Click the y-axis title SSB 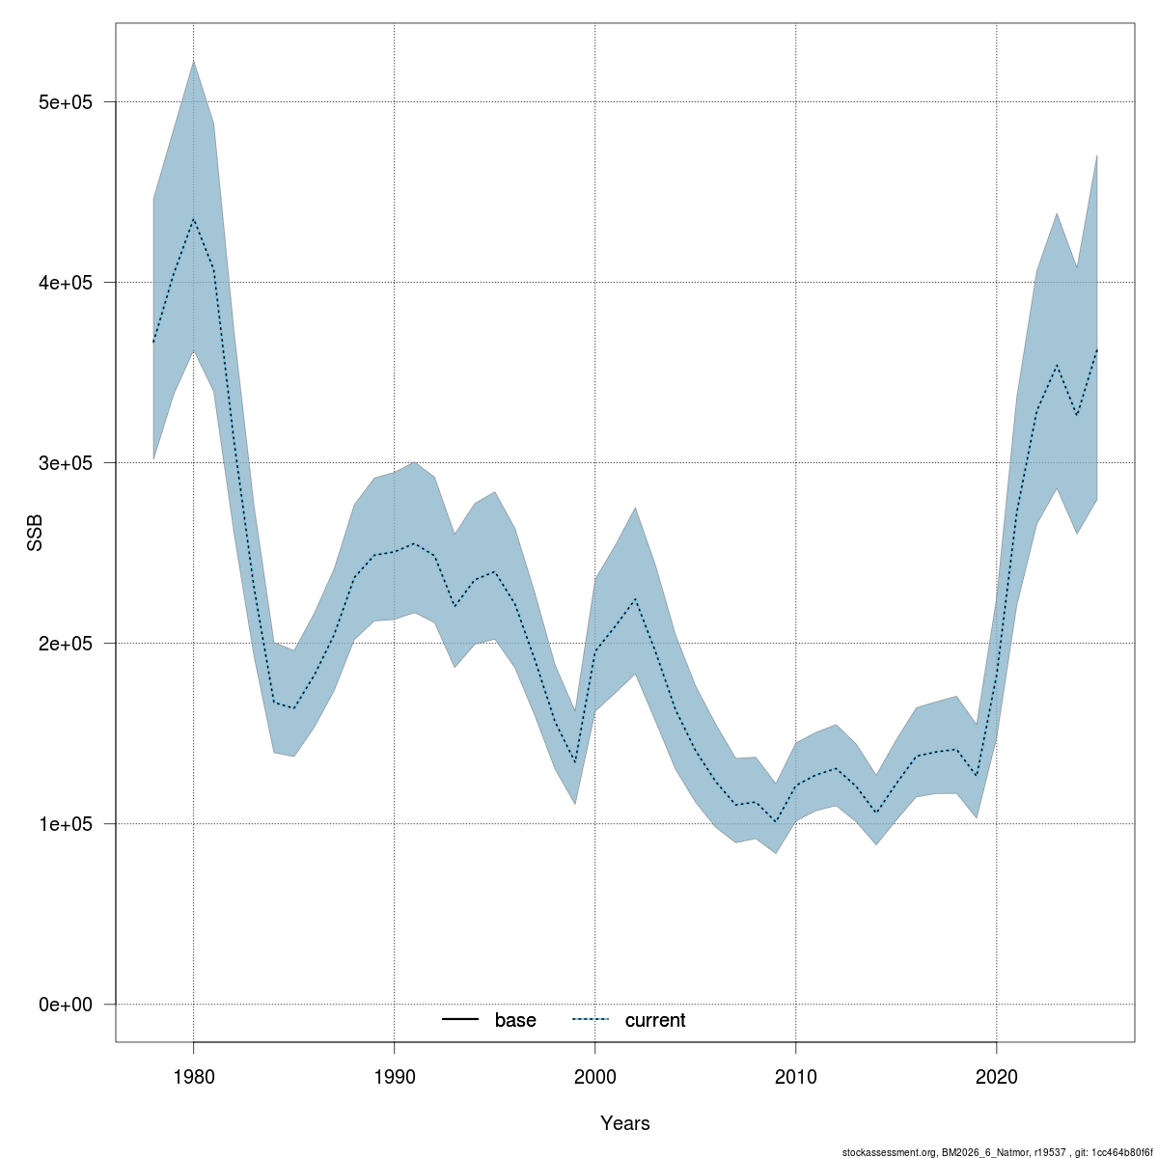pos(35,533)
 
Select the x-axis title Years pos(625,1123)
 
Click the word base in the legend pos(515,1020)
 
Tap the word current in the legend pos(655,1020)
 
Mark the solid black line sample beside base pos(461,1020)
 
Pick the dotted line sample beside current pos(591,1020)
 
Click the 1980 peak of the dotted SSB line pos(193,219)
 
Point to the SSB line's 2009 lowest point pos(775,822)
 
